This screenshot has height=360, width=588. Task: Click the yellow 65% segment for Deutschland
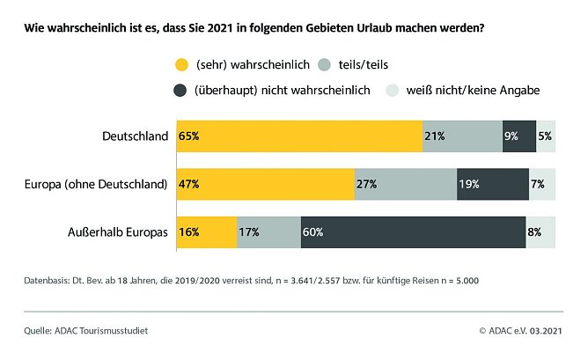[299, 136]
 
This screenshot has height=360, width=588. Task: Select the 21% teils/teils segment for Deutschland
[462, 136]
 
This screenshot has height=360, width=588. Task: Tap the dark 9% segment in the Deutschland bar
[519, 136]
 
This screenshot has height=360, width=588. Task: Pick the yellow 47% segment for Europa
[265, 184]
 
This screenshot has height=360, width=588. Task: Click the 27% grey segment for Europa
[405, 184]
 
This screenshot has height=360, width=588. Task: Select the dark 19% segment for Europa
[492, 184]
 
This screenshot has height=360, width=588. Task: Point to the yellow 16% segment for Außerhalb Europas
[207, 232]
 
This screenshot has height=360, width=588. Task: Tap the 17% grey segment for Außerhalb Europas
[268, 232]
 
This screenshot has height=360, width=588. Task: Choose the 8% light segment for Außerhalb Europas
[541, 232]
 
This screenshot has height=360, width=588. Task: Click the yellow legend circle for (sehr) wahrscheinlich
[182, 64]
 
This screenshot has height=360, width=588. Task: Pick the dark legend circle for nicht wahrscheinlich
[182, 90]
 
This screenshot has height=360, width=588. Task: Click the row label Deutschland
[136, 136]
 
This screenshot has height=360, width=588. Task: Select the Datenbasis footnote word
[48, 281]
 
